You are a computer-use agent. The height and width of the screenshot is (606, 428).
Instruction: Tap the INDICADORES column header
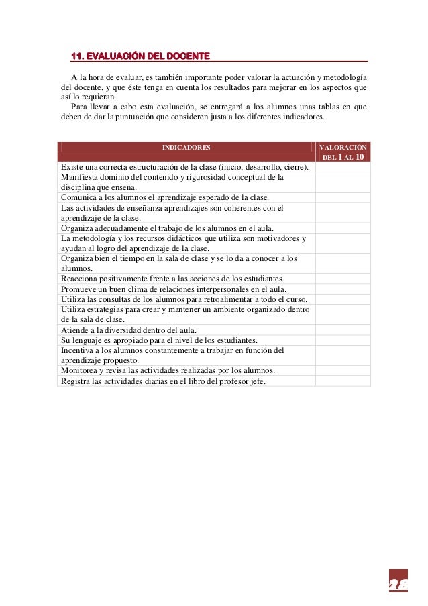click(x=186, y=146)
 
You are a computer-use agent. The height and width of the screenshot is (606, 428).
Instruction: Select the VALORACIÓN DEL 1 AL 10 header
click(x=342, y=152)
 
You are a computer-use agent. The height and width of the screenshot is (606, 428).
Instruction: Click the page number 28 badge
click(x=398, y=582)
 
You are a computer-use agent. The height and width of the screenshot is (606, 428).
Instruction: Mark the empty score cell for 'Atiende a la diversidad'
click(x=342, y=330)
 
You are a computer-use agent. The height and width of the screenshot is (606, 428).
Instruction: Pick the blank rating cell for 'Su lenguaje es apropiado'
click(x=342, y=340)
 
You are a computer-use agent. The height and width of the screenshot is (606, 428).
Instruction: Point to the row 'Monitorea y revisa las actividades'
click(x=168, y=370)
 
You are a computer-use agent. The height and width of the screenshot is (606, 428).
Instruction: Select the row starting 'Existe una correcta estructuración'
click(x=184, y=167)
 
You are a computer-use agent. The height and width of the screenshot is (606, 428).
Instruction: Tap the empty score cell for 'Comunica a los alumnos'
click(x=342, y=197)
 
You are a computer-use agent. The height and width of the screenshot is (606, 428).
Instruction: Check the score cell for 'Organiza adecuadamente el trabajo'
click(x=342, y=228)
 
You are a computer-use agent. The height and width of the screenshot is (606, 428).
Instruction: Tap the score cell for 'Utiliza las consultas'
click(x=342, y=299)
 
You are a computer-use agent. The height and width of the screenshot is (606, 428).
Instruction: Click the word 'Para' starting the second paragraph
click(x=78, y=107)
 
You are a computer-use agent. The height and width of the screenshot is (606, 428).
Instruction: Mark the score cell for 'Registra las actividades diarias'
click(x=342, y=381)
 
